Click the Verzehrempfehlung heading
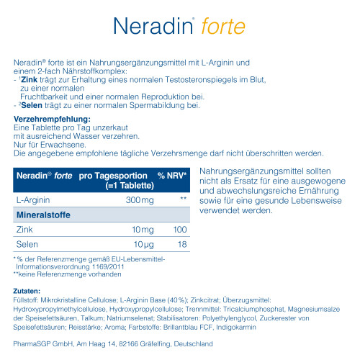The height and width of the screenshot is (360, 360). tap(52, 118)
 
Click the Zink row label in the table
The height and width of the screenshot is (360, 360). tap(24, 229)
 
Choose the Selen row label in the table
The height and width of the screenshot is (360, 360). tap(26, 245)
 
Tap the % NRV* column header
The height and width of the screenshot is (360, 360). tap(172, 176)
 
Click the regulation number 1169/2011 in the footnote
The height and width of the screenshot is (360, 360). tap(108, 266)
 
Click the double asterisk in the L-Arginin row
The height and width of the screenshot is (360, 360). tap(183, 197)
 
